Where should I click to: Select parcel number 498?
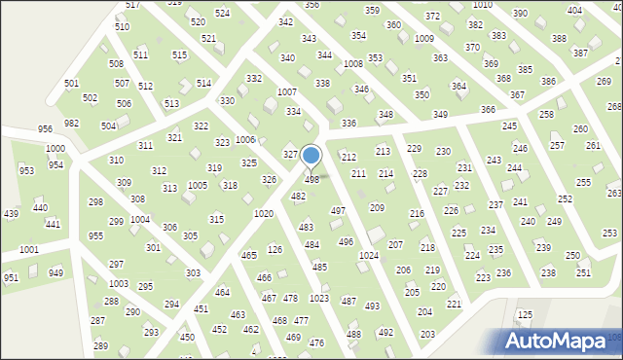click(312, 180)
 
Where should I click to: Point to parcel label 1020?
click(263, 213)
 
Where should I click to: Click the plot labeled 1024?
click(368, 255)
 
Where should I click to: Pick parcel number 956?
click(45, 129)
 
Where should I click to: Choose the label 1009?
click(424, 39)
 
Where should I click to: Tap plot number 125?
click(525, 314)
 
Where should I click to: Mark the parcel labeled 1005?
click(198, 185)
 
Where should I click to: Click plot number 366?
click(488, 110)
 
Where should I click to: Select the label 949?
click(56, 272)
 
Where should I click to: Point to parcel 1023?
click(318, 298)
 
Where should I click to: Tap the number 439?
click(11, 214)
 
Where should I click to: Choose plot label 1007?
click(286, 91)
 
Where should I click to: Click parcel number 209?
click(377, 208)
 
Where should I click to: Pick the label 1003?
click(118, 283)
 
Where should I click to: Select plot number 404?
click(574, 10)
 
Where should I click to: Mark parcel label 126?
click(275, 249)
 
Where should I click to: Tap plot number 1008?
click(353, 63)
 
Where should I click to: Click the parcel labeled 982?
click(71, 124)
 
